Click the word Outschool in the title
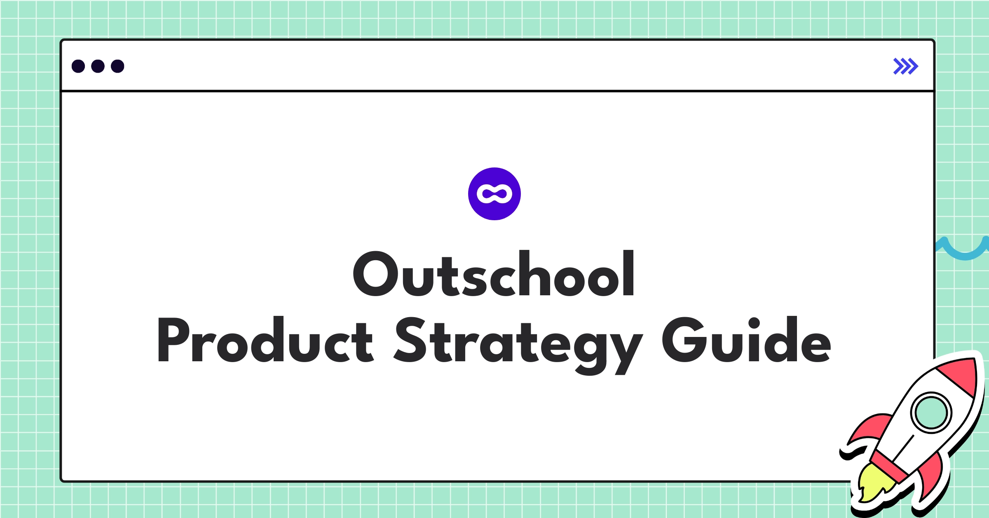[x=494, y=273]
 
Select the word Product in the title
[x=265, y=339]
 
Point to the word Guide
[x=746, y=339]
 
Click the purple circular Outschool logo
[x=494, y=194]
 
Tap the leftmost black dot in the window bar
[x=78, y=66]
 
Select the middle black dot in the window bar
[x=98, y=66]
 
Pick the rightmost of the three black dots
[x=117, y=66]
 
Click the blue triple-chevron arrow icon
[x=905, y=66]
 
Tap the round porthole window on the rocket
[x=931, y=413]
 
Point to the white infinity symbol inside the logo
[x=494, y=194]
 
